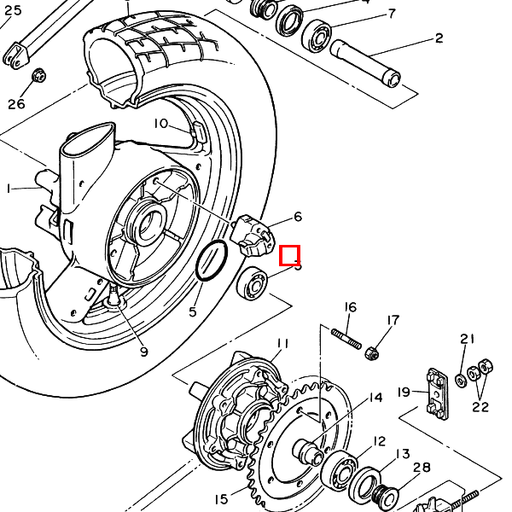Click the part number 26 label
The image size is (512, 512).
[17, 104]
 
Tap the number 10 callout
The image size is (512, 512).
[161, 123]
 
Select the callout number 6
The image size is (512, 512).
[298, 217]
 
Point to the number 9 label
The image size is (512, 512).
[143, 352]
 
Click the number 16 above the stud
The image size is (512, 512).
[350, 307]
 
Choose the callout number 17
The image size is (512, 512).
[393, 321]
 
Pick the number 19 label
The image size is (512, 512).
[404, 393]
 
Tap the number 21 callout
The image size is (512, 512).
[467, 339]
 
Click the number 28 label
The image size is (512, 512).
[422, 467]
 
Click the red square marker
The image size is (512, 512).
[290, 254]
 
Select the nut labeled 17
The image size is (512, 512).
[371, 352]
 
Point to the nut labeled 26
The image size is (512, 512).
[38, 78]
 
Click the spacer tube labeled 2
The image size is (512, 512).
[367, 61]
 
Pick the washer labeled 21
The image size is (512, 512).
[462, 376]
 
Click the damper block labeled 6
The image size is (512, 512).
[253, 235]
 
